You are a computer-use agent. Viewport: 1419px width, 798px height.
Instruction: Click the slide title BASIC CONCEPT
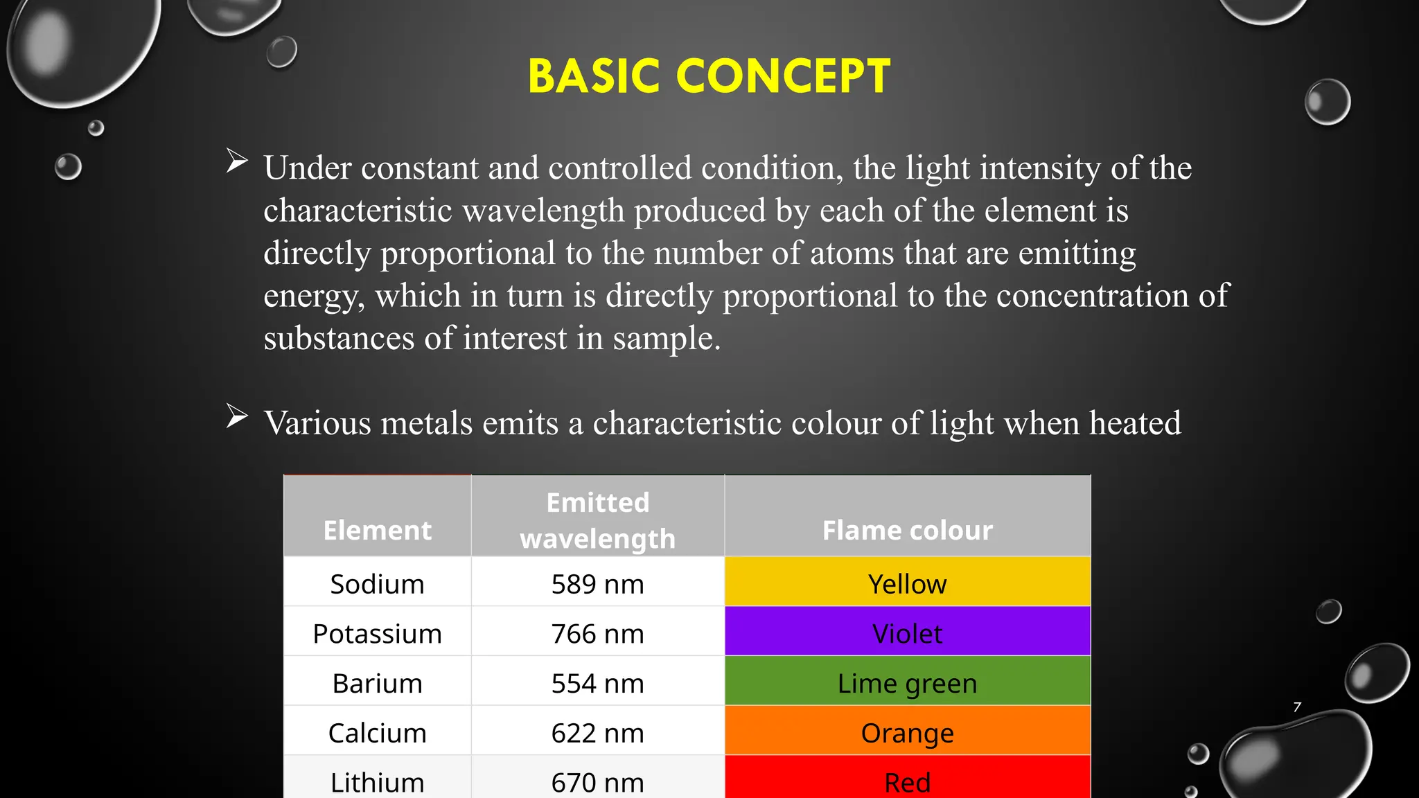tap(709, 76)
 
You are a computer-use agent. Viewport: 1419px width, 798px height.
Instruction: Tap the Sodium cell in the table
tap(377, 584)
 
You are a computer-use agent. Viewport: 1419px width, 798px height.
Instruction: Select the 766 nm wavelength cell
tap(597, 634)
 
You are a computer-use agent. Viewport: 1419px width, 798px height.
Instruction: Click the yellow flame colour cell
tap(907, 584)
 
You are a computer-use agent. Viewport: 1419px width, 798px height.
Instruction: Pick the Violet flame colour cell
tap(907, 634)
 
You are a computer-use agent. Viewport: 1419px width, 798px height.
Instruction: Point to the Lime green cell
tap(907, 684)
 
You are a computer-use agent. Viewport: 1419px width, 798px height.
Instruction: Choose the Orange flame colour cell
tap(907, 733)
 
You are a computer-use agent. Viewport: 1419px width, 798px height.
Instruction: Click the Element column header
tap(377, 530)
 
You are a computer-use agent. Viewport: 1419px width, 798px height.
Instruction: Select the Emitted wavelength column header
tap(597, 520)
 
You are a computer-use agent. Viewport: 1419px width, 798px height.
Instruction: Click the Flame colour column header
tap(907, 530)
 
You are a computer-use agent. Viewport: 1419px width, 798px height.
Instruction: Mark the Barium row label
tap(377, 684)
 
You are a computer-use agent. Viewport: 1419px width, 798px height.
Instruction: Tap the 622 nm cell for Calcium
tap(597, 733)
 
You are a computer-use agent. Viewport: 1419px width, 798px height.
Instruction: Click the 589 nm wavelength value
tap(597, 584)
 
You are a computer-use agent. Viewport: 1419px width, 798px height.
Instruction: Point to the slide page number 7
tap(1297, 707)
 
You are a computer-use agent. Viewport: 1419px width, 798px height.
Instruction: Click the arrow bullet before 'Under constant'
tap(237, 161)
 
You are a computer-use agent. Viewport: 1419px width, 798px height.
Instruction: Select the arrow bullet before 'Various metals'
tap(237, 416)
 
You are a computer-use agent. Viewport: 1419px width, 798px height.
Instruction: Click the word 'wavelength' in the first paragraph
tap(543, 211)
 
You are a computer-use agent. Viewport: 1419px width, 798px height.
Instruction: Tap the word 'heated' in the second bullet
tap(1135, 423)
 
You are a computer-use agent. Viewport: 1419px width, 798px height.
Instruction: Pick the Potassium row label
tap(377, 634)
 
